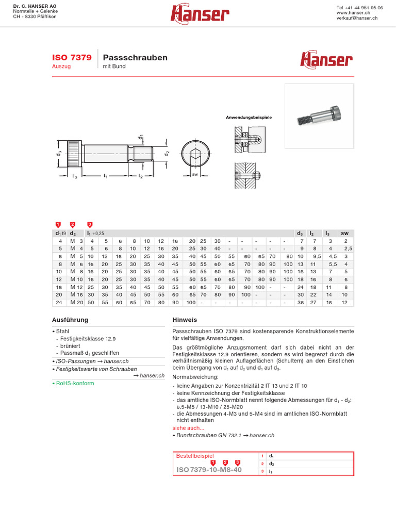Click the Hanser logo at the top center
click(x=200, y=14)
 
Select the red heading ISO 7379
click(x=72, y=58)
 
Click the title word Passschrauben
click(x=135, y=58)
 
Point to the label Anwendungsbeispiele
click(x=249, y=118)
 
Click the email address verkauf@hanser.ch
click(x=357, y=18)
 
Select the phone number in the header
click(x=359, y=8)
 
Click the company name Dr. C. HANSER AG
click(x=35, y=6)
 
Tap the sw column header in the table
click(x=345, y=233)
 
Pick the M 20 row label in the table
click(x=76, y=302)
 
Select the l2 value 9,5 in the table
click(x=317, y=256)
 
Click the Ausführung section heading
click(x=70, y=320)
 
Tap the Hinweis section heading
click(x=185, y=320)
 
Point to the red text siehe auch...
click(x=188, y=428)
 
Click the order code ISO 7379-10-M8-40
click(x=209, y=470)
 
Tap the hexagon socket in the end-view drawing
click(x=195, y=153)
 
